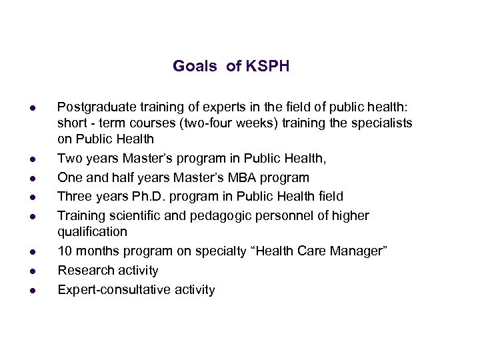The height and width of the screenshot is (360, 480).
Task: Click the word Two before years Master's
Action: tap(69, 159)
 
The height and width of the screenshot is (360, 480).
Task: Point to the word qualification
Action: tap(92, 232)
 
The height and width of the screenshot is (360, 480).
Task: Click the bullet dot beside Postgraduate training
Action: tap(32, 108)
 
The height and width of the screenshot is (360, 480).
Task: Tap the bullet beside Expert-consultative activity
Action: tap(32, 291)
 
